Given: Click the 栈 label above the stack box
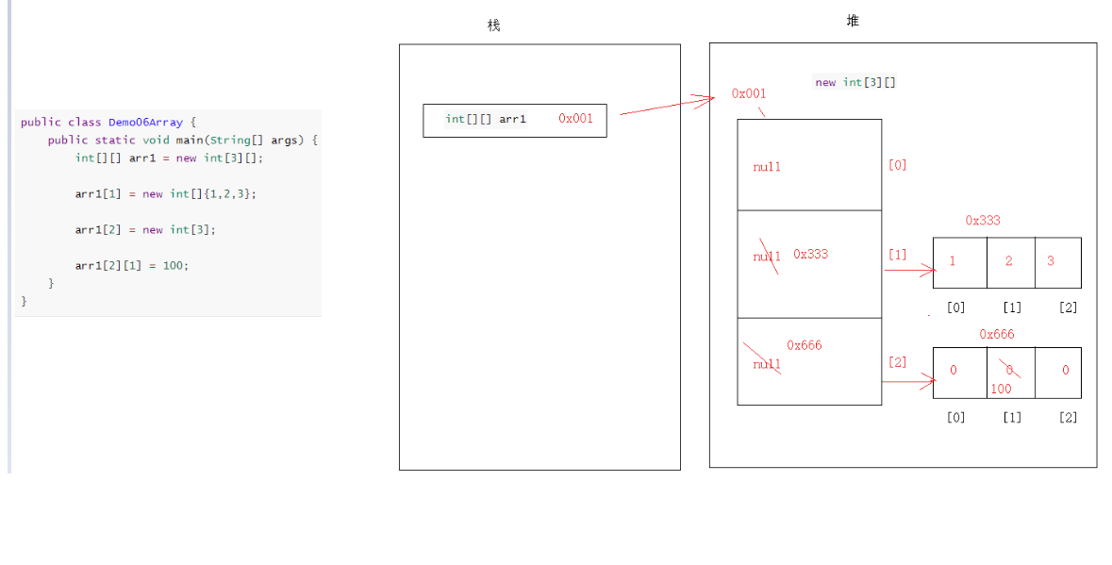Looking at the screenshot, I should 493,25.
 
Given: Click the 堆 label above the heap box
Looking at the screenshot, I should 853,21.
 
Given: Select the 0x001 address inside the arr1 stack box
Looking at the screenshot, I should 575,119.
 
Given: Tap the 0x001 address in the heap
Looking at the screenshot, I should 749,93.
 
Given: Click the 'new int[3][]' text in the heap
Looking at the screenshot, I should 855,82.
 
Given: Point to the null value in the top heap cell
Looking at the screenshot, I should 767,167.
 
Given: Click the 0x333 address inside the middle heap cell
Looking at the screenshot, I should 811,254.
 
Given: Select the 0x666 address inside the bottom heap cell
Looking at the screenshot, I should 805,345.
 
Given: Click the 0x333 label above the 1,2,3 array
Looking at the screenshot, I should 983,220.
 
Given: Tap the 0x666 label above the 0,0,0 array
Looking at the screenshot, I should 997,334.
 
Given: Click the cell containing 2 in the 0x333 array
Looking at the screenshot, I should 1009,261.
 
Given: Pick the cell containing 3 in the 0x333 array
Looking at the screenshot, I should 1057,261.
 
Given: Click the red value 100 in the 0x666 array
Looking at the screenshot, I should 1001,389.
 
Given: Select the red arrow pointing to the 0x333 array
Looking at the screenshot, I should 909,271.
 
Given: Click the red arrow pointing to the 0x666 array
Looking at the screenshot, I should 908,382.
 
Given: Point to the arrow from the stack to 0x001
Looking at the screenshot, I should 666,106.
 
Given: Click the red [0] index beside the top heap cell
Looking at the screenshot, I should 897,165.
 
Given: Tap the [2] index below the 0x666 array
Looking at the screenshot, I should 1068,417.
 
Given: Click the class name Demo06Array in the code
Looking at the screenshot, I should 145,122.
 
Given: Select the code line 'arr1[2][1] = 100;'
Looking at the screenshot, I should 132,265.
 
